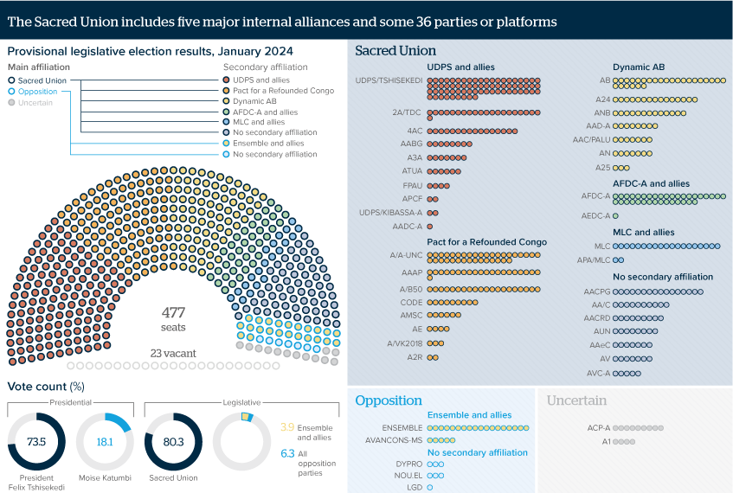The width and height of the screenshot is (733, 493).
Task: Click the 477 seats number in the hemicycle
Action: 174,312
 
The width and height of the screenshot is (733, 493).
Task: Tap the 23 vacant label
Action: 173,353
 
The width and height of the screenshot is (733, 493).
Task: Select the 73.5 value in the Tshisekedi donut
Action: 36,441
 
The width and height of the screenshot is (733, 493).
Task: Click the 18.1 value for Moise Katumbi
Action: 105,441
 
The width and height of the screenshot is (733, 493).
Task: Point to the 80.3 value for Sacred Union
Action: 173,441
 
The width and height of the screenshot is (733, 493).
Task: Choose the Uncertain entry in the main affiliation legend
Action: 35,103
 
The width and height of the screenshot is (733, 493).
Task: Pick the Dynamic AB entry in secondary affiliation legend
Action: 255,101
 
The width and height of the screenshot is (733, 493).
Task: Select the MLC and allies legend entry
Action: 258,122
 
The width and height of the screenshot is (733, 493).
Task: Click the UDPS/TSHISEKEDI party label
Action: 389,80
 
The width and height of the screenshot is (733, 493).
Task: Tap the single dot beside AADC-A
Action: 430,227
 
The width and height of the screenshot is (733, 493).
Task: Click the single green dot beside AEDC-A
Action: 615,215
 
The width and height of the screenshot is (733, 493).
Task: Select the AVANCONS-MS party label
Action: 394,439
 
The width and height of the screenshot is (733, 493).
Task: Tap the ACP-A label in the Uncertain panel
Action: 599,427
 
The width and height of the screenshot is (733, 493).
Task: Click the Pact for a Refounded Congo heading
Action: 486,242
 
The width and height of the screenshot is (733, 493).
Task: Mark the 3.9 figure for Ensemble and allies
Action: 288,426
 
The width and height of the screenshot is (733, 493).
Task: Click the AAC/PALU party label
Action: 592,139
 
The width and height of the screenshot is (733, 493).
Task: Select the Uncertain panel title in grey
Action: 576,400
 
